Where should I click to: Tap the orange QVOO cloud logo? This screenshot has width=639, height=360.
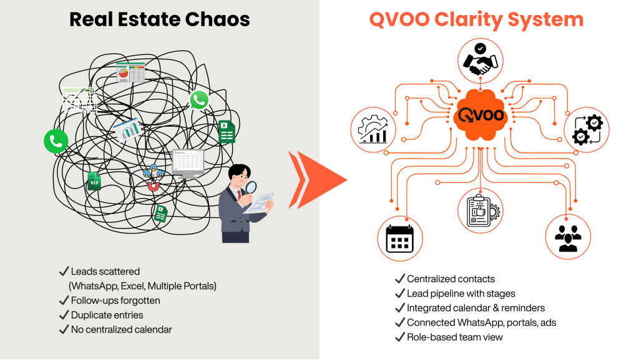tap(479, 115)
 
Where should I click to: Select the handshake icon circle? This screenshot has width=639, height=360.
tap(479, 61)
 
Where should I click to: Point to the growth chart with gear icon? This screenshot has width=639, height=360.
tap(374, 130)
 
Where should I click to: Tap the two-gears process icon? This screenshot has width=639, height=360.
tap(587, 130)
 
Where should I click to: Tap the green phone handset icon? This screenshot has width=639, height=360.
tap(56, 141)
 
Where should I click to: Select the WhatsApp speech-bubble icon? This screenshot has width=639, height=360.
tap(199, 99)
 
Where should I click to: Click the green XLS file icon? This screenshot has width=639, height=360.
tap(94, 181)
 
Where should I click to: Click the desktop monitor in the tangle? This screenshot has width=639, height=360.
tap(188, 163)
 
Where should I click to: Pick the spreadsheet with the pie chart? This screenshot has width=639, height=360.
tap(130, 72)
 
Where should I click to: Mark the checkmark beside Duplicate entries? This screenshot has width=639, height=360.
tap(63, 315)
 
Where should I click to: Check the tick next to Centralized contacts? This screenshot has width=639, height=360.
tap(399, 279)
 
